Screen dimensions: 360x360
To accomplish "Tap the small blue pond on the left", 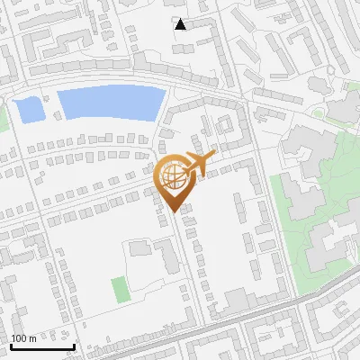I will coord(29,110).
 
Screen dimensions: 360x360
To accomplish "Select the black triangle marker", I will coord(181,24).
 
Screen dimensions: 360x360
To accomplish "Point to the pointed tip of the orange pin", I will coord(174,211).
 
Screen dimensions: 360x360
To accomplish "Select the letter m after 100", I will coord(32,338).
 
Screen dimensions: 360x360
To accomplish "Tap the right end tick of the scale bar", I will coord(74,345).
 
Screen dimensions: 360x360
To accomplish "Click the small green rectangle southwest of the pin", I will coord(120,290).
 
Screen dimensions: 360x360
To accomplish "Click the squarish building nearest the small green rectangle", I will coord(139,247).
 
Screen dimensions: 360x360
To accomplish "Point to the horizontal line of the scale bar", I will coord(41,346).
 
